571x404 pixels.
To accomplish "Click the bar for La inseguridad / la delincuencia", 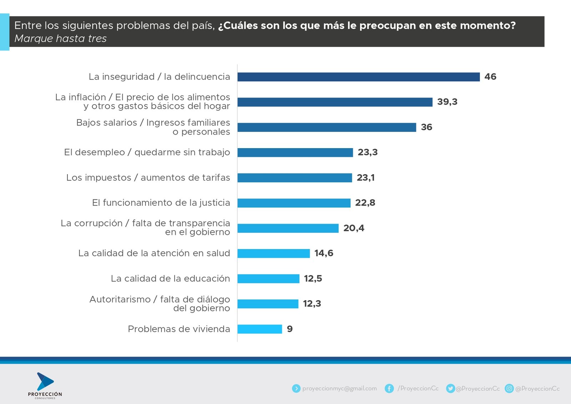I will click(x=358, y=77).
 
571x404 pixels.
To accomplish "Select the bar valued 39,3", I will click(x=335, y=102).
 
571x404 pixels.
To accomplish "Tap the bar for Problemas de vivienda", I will click(x=259, y=329).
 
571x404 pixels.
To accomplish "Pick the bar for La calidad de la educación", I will click(x=268, y=279).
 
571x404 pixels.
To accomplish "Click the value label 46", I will click(x=490, y=77).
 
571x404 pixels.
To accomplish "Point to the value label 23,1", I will click(x=365, y=178).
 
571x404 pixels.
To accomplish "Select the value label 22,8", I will click(x=365, y=203).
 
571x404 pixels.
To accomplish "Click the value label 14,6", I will click(x=324, y=253).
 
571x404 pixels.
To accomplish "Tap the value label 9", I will click(x=290, y=329).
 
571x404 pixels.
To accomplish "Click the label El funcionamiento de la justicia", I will click(x=161, y=203).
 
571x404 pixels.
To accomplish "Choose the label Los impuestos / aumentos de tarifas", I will click(x=148, y=178).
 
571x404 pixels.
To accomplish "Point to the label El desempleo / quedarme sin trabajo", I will click(x=147, y=152).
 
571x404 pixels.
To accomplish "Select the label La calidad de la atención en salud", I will click(x=154, y=253).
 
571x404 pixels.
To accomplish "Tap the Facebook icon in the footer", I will click(x=389, y=388).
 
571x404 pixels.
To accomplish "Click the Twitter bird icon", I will click(x=451, y=388).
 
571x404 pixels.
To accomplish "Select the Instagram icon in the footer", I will click(x=509, y=388).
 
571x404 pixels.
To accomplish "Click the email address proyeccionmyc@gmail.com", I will click(x=339, y=388).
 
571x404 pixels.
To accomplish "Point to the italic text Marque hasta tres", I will click(x=61, y=39).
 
